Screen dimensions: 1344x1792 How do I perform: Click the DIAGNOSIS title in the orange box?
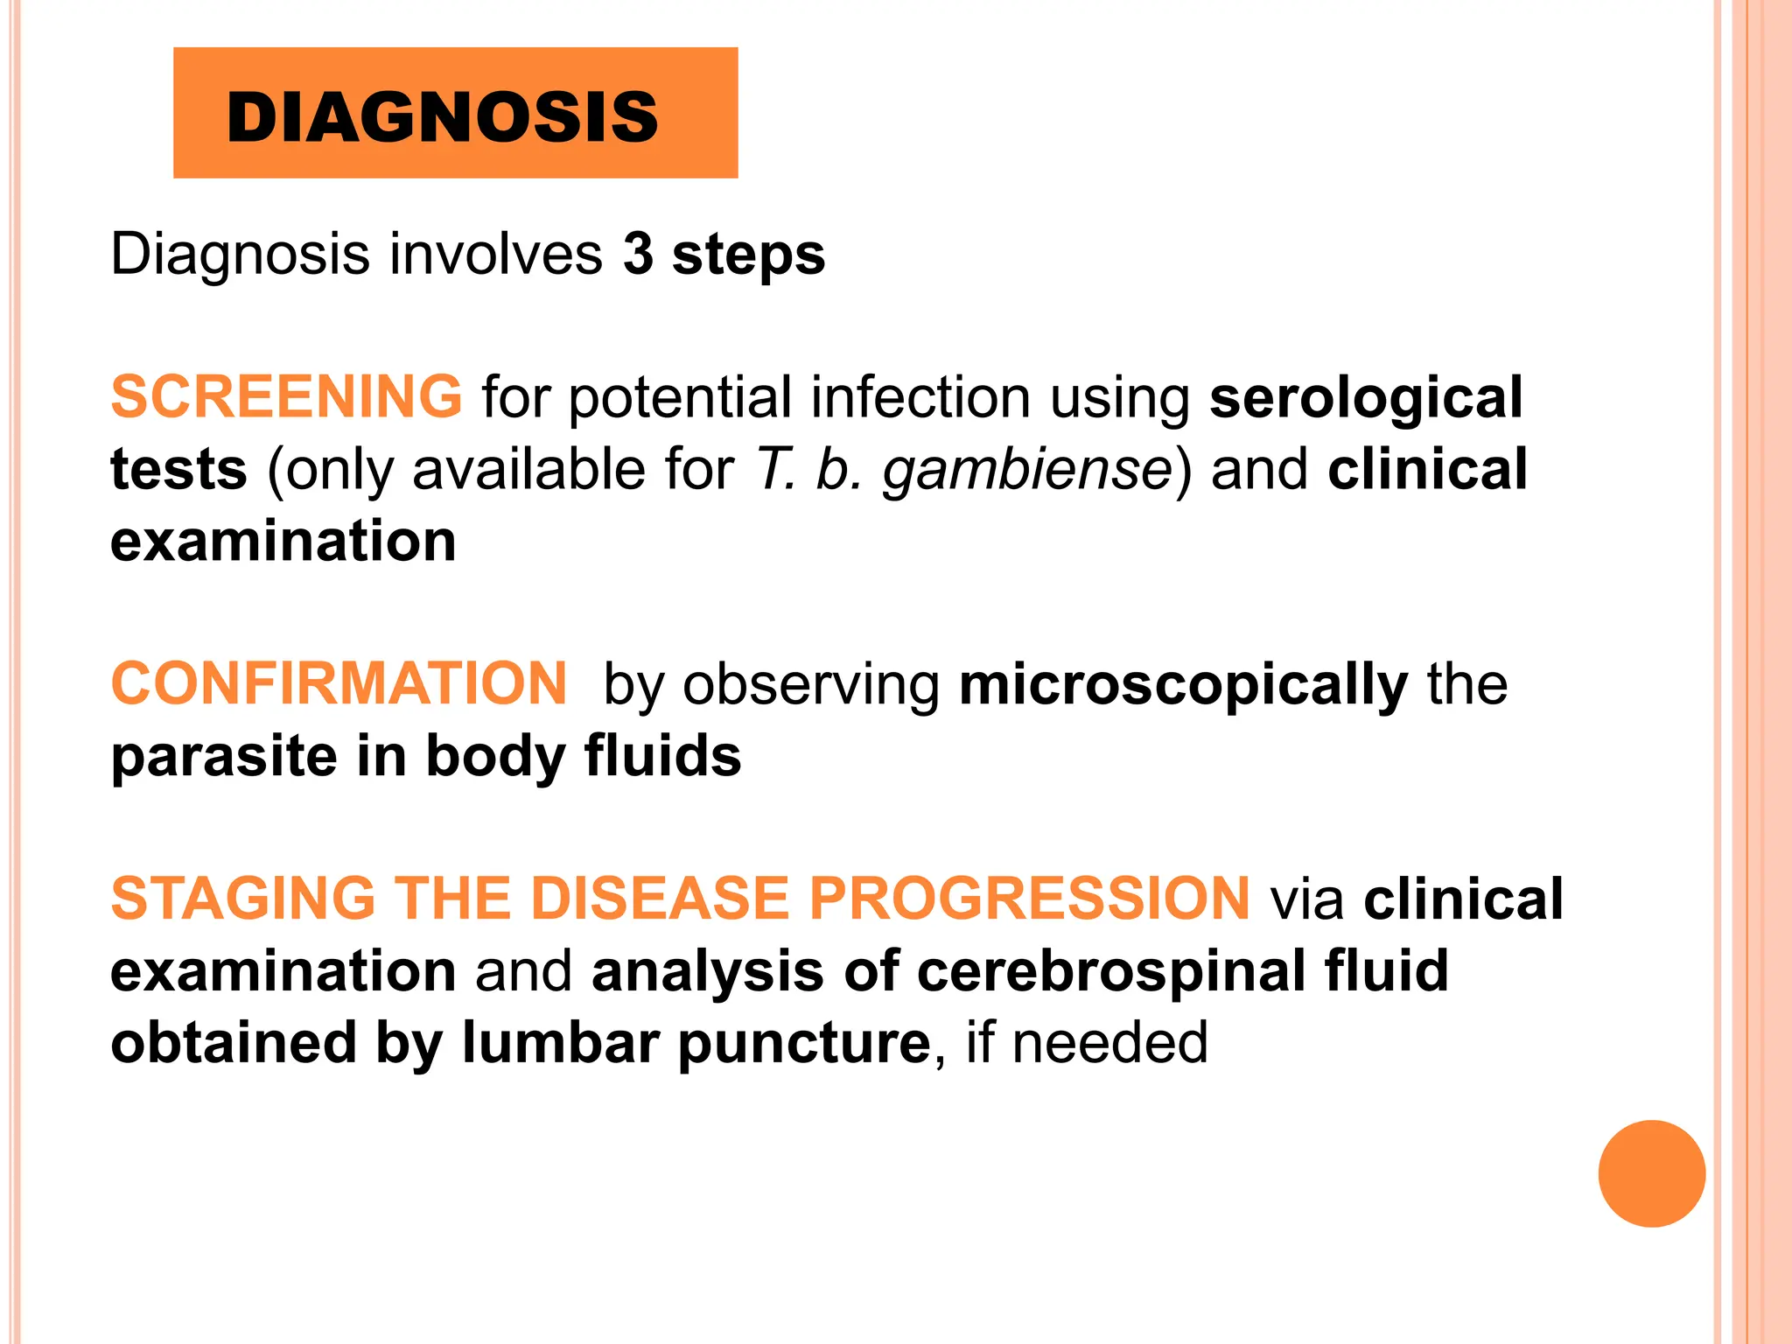tap(442, 117)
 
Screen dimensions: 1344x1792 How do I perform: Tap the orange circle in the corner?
tap(1651, 1173)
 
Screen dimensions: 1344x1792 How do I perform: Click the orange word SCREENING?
tap(286, 396)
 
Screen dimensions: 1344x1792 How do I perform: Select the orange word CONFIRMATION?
tap(339, 683)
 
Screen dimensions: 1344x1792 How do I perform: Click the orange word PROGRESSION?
tap(1029, 899)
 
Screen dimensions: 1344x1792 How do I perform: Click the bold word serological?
tap(1366, 398)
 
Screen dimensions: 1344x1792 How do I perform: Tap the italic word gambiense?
tap(1026, 470)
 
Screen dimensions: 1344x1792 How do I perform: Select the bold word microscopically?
tap(1183, 685)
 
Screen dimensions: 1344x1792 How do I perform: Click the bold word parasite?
tap(224, 757)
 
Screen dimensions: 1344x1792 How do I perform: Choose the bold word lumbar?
tap(560, 1043)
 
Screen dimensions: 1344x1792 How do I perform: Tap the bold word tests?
tap(178, 470)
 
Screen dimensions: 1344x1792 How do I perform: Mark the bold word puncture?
tap(804, 1045)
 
